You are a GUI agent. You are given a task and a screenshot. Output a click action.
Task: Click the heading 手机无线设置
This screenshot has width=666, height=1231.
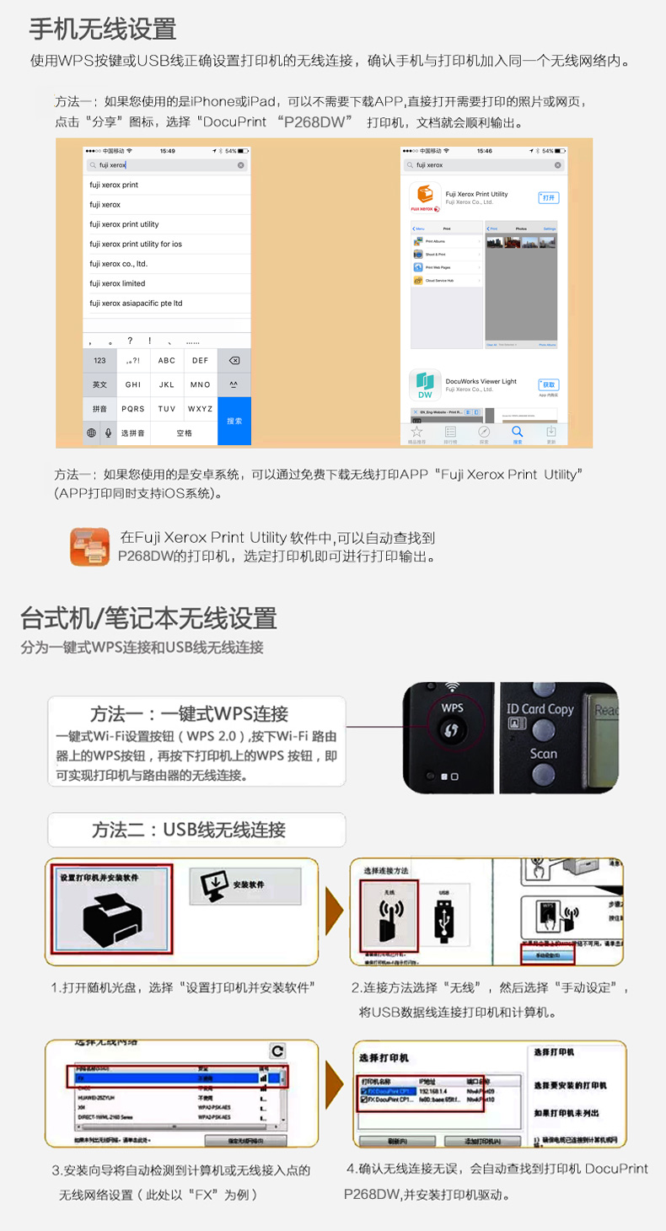click(103, 30)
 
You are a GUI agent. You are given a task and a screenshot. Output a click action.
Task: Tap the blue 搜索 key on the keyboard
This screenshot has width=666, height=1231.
click(234, 420)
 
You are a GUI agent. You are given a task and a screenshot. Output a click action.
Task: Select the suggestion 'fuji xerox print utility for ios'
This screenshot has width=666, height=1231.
click(136, 244)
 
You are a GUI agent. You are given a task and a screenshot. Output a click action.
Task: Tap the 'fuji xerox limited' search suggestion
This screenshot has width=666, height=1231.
click(117, 283)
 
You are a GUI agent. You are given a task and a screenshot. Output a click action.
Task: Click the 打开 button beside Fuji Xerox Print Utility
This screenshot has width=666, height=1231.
click(549, 197)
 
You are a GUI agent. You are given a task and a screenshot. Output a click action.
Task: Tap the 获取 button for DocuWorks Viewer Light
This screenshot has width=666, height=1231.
click(549, 384)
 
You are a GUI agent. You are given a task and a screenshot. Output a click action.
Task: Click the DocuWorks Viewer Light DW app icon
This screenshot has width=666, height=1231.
click(426, 384)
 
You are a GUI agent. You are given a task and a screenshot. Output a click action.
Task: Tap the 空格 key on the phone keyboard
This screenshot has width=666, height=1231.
click(184, 433)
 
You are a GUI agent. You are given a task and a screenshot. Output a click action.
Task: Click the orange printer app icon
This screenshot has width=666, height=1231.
click(89, 546)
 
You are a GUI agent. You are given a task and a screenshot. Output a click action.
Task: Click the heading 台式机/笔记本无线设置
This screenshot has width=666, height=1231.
click(148, 618)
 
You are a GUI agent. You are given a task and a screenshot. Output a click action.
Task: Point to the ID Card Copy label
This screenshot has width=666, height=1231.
click(540, 709)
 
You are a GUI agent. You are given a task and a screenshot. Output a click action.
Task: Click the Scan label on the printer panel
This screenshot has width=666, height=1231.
click(543, 754)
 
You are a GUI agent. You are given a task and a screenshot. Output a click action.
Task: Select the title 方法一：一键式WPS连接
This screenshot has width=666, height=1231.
click(189, 713)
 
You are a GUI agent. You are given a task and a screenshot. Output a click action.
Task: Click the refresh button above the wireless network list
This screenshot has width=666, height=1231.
click(277, 1051)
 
